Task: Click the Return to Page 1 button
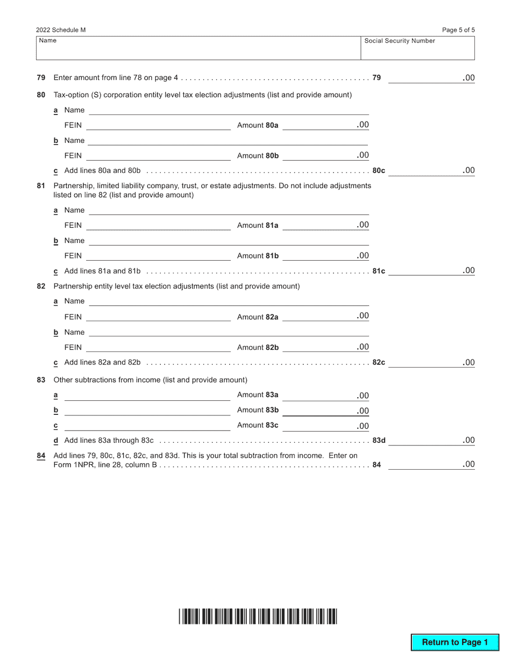[x=455, y=642]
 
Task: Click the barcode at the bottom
[x=258, y=616]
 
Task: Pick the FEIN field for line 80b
[x=158, y=156]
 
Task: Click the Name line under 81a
[x=229, y=210]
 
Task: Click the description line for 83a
[x=147, y=396]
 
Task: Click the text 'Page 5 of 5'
[x=458, y=30]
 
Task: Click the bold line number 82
[x=41, y=286]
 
